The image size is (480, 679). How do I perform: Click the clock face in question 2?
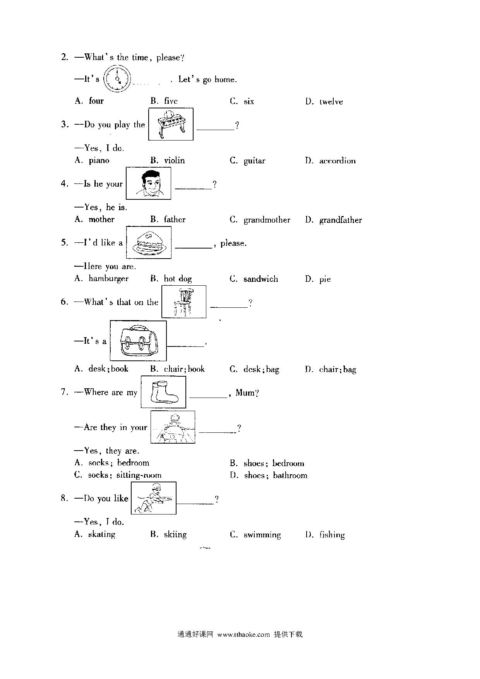[118, 79]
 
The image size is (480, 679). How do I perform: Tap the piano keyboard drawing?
[171, 124]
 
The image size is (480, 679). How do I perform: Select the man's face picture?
[149, 183]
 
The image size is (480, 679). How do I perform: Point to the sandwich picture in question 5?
[149, 242]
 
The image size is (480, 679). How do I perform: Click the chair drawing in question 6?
[184, 302]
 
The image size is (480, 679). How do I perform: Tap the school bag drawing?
[138, 341]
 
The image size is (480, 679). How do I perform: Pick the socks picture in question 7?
[163, 392]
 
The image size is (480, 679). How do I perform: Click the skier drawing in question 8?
[154, 498]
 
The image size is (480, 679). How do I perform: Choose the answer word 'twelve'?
[331, 102]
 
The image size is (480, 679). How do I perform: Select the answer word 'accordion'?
[337, 161]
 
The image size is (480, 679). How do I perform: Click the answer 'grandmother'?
[267, 220]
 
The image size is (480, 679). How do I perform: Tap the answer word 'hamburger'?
[108, 279]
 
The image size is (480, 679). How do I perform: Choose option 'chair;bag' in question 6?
[338, 370]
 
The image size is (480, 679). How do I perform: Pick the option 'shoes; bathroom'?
[276, 475]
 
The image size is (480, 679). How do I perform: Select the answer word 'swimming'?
[262, 535]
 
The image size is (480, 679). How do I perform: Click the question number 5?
[64, 243]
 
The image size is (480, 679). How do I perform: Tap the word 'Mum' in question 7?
[245, 393]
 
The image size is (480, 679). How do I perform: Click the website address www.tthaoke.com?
[243, 634]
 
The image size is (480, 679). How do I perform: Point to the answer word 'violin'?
[175, 161]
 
